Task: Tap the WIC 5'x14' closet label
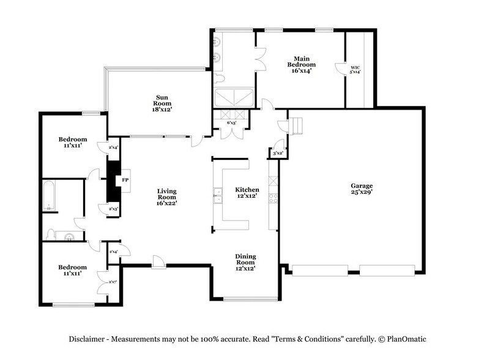pos(354,69)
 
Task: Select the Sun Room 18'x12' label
pos(162,103)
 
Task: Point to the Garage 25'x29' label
pos(362,189)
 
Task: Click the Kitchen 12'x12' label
pos(248,193)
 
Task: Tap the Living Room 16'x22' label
pos(166,198)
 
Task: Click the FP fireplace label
pos(125,181)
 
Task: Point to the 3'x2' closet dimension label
pos(278,152)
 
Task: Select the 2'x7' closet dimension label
pos(113,282)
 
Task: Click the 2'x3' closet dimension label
pos(113,209)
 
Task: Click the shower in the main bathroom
pos(234,97)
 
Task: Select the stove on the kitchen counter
pos(274,198)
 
